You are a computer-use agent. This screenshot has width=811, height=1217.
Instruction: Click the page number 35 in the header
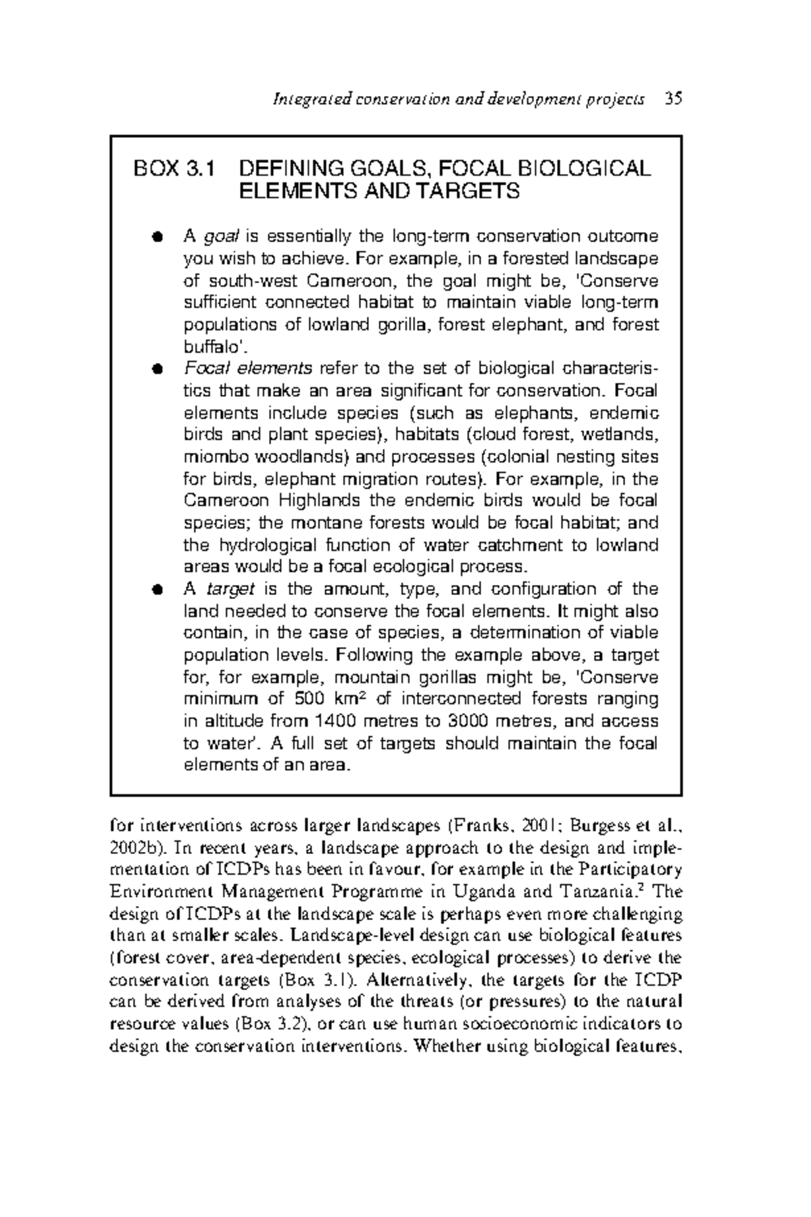click(x=673, y=99)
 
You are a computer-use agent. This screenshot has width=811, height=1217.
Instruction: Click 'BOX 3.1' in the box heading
click(x=174, y=168)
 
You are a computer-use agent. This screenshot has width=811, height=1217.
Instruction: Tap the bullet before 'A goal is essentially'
click(x=157, y=237)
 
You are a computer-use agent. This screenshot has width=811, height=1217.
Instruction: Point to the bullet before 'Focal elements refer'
click(x=157, y=369)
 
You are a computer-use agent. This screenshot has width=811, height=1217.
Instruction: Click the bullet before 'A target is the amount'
click(x=157, y=590)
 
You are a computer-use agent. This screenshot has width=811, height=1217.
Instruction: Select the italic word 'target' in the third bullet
click(x=230, y=589)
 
